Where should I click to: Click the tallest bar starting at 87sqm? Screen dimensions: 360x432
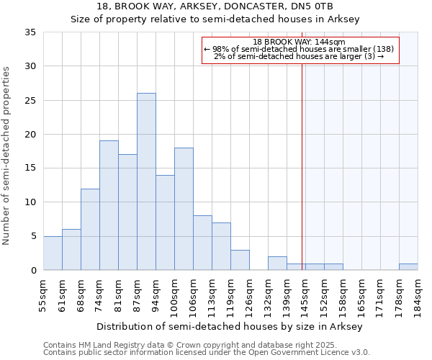tap(146, 181)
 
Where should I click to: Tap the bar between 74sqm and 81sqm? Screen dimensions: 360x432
tap(109, 205)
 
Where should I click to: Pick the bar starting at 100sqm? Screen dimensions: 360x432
tap(184, 209)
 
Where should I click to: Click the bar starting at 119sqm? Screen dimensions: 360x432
tap(240, 260)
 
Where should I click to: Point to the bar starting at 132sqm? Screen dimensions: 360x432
tap(277, 264)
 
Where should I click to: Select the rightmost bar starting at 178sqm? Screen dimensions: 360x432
tap(408, 266)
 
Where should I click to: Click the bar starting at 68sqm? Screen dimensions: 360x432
tap(90, 229)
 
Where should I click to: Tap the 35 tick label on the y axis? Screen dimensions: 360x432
tap(30, 32)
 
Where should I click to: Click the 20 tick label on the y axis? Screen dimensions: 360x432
tap(30, 135)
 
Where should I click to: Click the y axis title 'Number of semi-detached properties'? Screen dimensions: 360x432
tap(7, 156)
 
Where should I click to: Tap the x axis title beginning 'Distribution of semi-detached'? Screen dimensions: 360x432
tap(229, 326)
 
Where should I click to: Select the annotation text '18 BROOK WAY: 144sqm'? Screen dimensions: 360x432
tap(300, 42)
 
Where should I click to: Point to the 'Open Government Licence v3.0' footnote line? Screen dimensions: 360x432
tap(207, 353)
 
